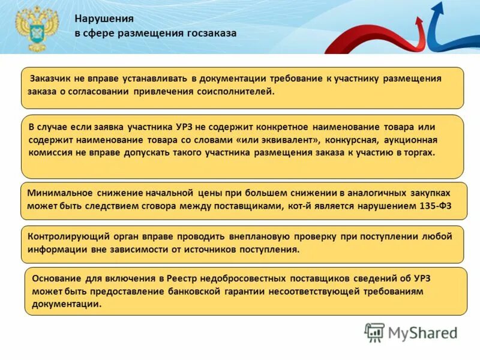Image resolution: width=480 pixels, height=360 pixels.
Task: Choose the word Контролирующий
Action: (64, 236)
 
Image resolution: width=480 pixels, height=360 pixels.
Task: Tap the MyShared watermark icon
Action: (374, 332)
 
